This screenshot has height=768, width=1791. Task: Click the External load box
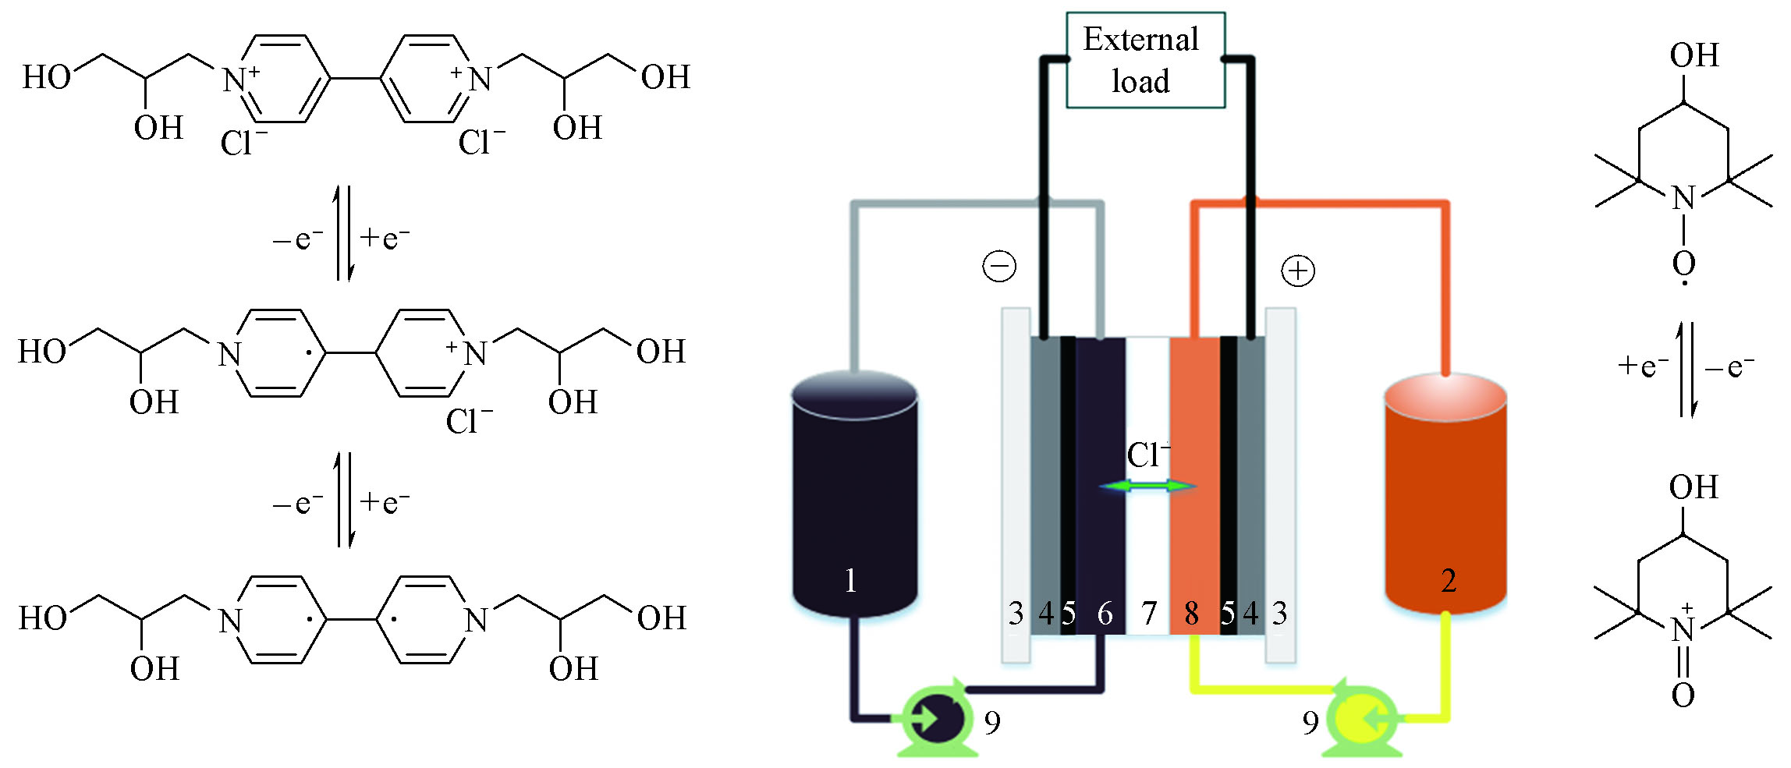click(x=1145, y=60)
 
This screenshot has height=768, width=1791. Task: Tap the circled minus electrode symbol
click(x=999, y=267)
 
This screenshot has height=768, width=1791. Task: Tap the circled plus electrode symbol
click(x=1298, y=271)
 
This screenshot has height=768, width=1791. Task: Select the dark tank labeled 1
click(x=854, y=499)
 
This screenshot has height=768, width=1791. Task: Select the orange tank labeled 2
click(x=1445, y=499)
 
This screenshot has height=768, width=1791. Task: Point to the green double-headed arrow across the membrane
click(x=1147, y=487)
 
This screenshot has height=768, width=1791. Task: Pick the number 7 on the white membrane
click(x=1148, y=614)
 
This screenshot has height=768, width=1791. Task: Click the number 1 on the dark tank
click(x=851, y=581)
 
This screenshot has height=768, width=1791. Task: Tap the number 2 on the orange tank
click(x=1449, y=581)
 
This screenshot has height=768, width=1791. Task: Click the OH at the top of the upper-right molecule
click(x=1694, y=55)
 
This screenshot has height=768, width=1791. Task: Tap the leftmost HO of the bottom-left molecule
click(x=44, y=618)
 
